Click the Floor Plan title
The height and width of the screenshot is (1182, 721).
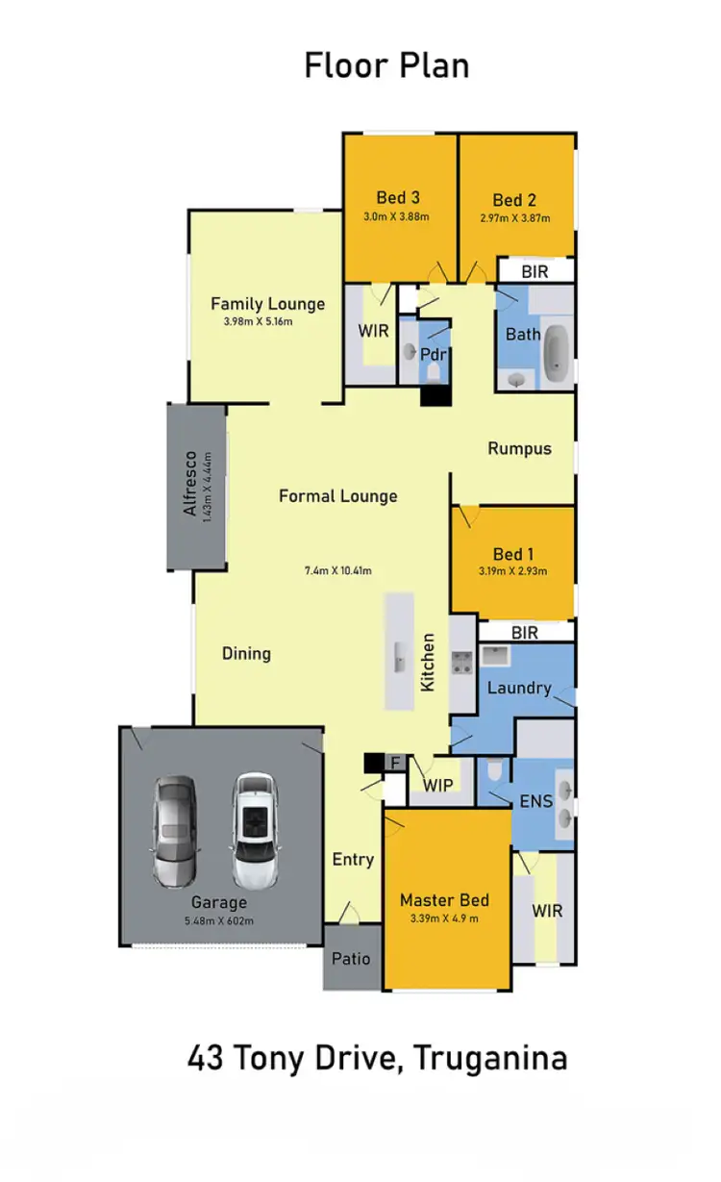click(x=386, y=65)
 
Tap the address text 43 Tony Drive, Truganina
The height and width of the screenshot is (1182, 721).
click(x=377, y=1058)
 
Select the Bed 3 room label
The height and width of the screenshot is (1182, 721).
click(x=397, y=197)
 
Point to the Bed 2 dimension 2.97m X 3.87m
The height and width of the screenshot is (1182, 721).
click(x=514, y=218)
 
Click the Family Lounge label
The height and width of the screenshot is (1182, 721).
click(x=267, y=304)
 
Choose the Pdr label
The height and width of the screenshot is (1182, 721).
click(x=432, y=354)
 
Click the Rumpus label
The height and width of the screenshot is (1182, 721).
click(x=519, y=448)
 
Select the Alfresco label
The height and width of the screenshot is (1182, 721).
click(x=190, y=483)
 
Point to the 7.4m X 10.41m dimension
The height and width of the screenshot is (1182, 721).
click(x=337, y=569)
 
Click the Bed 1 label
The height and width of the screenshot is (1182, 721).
click(x=513, y=554)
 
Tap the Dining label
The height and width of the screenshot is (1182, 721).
click(x=246, y=654)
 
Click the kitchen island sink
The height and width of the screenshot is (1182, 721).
click(x=398, y=660)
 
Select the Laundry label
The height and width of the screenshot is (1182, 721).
click(x=518, y=688)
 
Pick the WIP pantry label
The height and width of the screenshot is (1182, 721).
click(x=438, y=785)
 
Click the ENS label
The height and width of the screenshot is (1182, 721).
click(x=535, y=800)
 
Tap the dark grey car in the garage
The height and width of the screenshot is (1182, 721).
click(x=174, y=831)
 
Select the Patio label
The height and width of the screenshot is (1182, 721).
click(x=351, y=958)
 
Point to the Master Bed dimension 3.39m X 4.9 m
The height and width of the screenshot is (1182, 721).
click(x=444, y=919)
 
